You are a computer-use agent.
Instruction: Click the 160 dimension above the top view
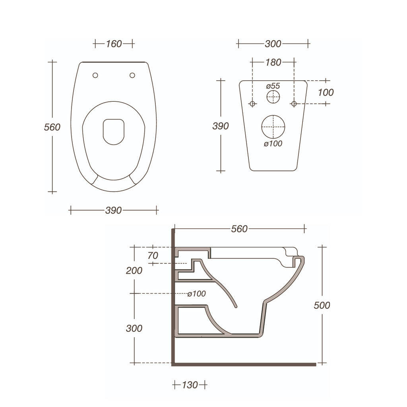click(114, 44)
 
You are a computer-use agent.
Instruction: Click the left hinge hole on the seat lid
click(95, 76)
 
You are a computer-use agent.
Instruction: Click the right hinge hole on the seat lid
click(132, 76)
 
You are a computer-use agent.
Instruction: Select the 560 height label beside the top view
click(52, 127)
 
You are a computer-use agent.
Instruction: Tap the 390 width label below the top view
click(113, 211)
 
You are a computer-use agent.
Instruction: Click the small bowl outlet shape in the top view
click(114, 132)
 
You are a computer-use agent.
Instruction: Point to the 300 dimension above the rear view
click(273, 44)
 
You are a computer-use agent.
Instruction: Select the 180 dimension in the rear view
click(273, 62)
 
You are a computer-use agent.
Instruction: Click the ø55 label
click(273, 85)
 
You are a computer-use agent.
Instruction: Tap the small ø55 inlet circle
click(273, 97)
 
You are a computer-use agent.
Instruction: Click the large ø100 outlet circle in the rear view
click(273, 127)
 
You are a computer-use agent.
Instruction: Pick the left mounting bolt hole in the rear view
click(252, 104)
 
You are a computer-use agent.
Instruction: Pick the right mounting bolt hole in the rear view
click(294, 104)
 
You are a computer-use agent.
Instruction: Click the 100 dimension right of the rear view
click(326, 93)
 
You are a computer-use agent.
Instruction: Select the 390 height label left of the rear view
click(221, 126)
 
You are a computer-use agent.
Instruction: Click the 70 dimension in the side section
click(153, 256)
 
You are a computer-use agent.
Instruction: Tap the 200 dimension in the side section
click(134, 271)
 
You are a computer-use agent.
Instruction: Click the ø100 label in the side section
click(197, 294)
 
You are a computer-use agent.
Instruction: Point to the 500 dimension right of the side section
click(322, 305)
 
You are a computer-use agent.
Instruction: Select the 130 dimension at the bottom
click(190, 385)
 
